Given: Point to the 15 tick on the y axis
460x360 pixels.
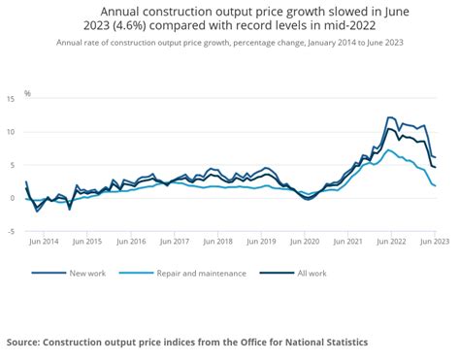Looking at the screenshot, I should point(10,99).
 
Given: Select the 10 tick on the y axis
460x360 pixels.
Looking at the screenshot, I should point(10,132).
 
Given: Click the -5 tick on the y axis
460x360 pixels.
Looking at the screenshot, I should point(10,231).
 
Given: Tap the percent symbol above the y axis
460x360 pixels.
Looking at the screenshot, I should point(27,94).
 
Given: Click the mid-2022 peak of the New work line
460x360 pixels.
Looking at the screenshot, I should point(390,117).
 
